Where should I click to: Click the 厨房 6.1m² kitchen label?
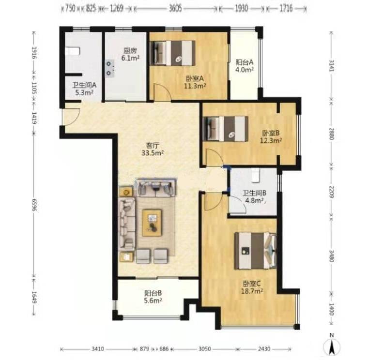click(x=130, y=54)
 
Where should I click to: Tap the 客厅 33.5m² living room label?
click(x=153, y=150)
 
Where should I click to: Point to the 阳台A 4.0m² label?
click(x=244, y=66)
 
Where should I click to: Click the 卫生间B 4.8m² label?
click(x=254, y=197)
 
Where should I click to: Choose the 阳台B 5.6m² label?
click(x=153, y=297)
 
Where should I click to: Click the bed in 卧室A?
click(x=172, y=53)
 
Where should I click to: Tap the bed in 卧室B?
click(x=226, y=129)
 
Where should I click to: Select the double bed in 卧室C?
click(x=256, y=251)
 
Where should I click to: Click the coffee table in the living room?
click(x=152, y=223)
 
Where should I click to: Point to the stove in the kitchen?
click(x=110, y=68)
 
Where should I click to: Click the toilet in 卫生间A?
click(x=73, y=51)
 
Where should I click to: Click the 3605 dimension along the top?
click(x=175, y=8)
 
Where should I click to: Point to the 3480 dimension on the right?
click(x=331, y=255)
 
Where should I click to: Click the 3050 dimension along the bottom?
click(x=204, y=349)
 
